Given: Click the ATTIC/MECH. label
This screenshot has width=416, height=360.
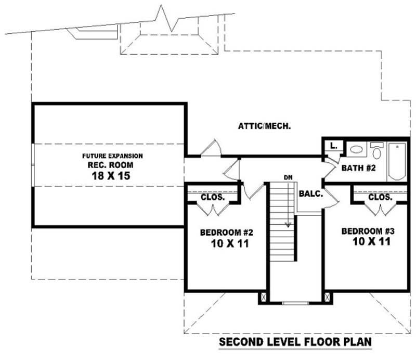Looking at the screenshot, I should click(x=264, y=125).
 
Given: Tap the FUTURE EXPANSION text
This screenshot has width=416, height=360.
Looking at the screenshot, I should click(x=112, y=156).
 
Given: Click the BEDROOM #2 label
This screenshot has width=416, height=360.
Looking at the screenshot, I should click(x=226, y=232).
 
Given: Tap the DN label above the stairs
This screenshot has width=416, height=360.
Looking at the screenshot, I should click(x=288, y=178).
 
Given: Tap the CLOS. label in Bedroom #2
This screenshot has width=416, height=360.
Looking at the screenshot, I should click(x=213, y=197).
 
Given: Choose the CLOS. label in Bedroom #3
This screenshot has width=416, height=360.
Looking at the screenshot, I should click(x=380, y=197).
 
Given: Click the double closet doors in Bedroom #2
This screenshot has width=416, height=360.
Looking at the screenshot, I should click(x=213, y=209).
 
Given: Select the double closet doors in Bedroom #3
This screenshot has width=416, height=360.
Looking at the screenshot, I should click(x=380, y=209).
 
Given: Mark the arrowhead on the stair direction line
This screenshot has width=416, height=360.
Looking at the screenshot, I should click(x=287, y=224).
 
